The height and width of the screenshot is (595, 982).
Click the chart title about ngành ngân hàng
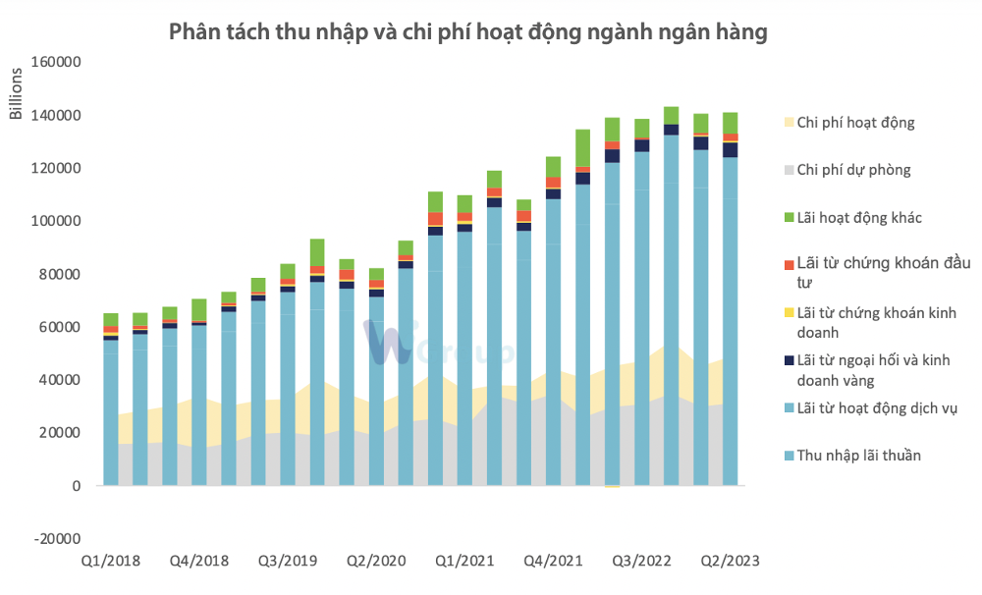coord(467,31)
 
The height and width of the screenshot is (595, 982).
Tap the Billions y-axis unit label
coord(16,95)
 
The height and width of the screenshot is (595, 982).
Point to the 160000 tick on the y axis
coord(56,62)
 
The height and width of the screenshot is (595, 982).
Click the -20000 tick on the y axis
coord(57,539)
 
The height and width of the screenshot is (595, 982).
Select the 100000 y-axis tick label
coord(56,221)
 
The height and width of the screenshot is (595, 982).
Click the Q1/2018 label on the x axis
coord(111,562)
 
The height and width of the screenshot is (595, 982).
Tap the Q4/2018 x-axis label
coord(199,562)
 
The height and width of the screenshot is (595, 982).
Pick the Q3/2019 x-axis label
coord(288,562)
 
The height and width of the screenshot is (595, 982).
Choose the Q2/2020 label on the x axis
coord(376,562)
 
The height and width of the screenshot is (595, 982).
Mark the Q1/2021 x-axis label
coord(464,562)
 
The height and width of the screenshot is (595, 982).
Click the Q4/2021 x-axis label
coord(553,562)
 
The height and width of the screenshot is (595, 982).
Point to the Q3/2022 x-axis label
coord(641,562)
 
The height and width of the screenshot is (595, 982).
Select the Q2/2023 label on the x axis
coord(730,562)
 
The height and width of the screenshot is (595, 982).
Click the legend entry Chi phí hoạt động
coord(855,123)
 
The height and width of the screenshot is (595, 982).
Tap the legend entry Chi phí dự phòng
coord(853,170)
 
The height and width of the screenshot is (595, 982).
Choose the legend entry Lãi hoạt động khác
coord(859,217)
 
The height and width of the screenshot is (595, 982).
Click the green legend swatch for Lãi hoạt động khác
coord(788,217)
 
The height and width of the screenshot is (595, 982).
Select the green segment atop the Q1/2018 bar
coord(111,319)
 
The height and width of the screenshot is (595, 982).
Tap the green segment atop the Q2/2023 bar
coord(730,123)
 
